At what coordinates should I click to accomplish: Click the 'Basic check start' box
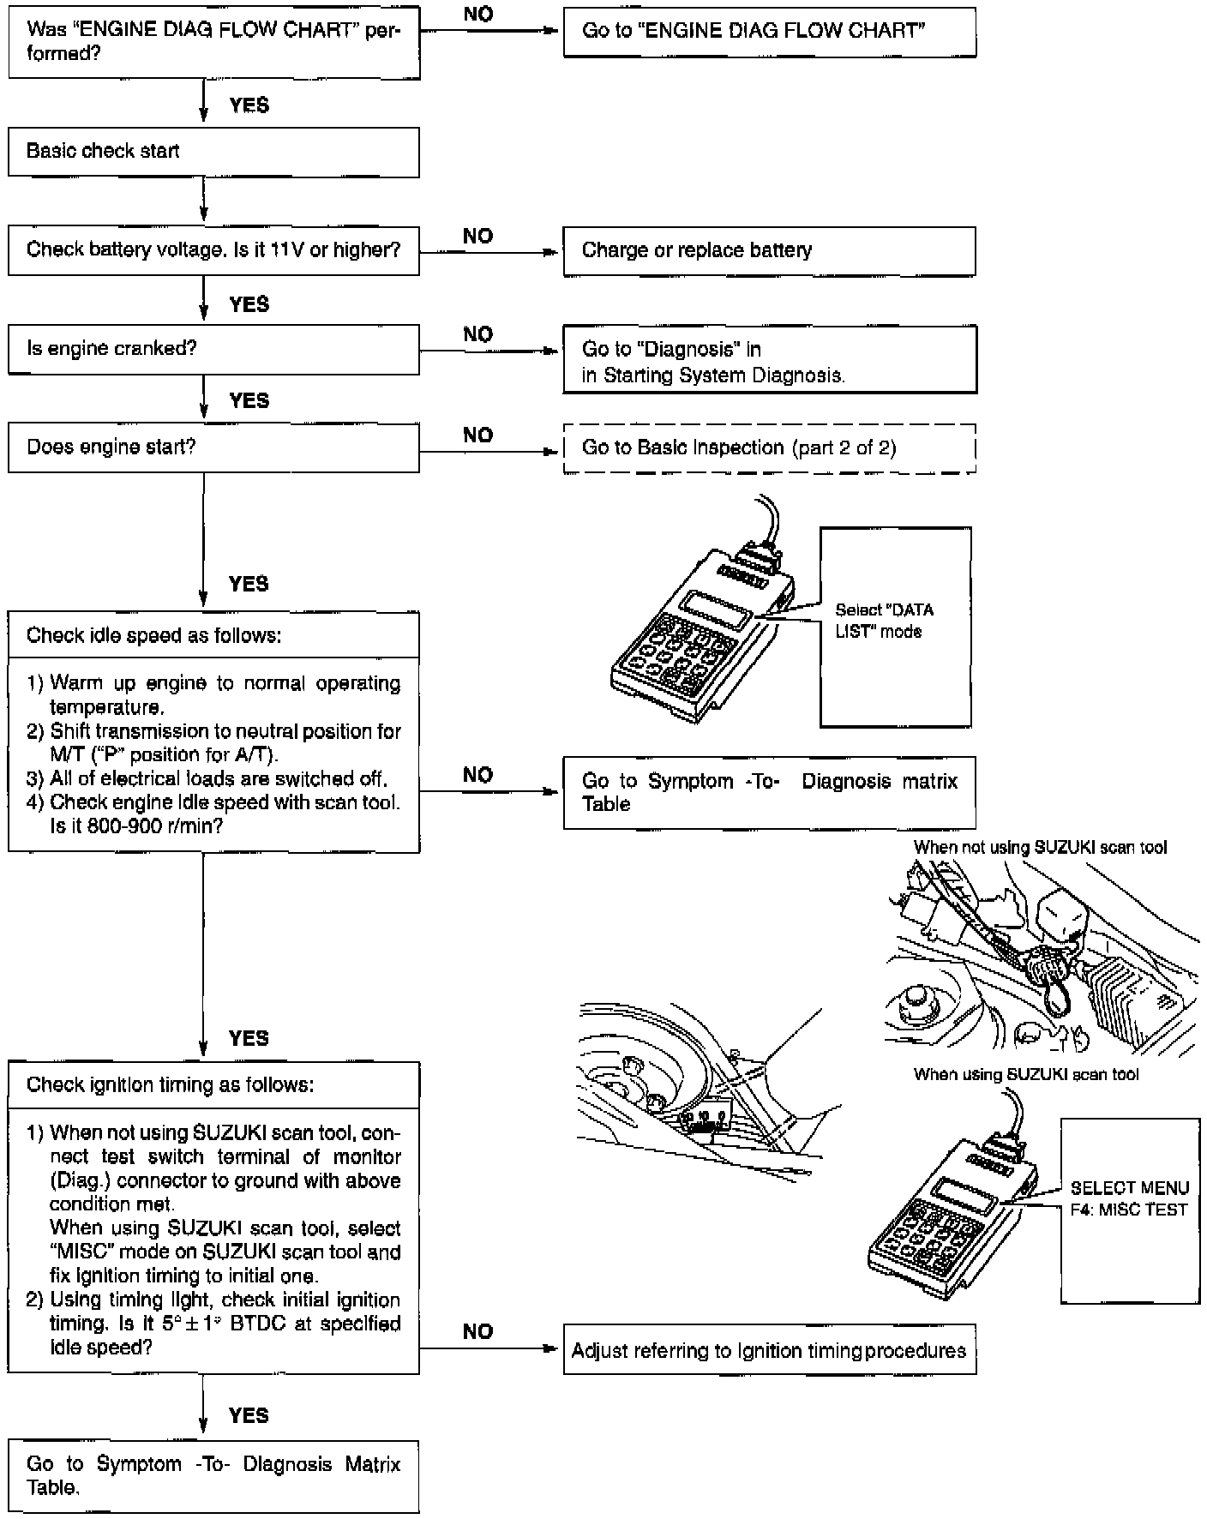(213, 152)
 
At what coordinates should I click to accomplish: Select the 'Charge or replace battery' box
(769, 250)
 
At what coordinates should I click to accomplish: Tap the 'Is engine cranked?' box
(213, 349)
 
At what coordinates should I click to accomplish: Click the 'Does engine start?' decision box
(213, 447)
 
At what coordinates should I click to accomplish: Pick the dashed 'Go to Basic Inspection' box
(769, 447)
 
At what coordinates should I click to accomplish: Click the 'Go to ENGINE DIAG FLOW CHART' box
(769, 32)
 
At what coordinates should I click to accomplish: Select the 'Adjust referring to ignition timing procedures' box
(769, 1350)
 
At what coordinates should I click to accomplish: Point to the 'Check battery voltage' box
(213, 250)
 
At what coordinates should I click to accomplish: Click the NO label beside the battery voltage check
(477, 236)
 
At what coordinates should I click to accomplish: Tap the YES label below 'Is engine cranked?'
(249, 400)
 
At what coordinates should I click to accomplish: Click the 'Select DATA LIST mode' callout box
(895, 627)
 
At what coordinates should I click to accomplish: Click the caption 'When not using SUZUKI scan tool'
(1040, 847)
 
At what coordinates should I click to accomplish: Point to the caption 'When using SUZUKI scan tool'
(1026, 1074)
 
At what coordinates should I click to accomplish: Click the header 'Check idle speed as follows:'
(154, 635)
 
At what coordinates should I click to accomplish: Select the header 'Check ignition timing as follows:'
(170, 1084)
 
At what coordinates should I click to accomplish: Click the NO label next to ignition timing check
(477, 1331)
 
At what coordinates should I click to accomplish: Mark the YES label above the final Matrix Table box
(249, 1415)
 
